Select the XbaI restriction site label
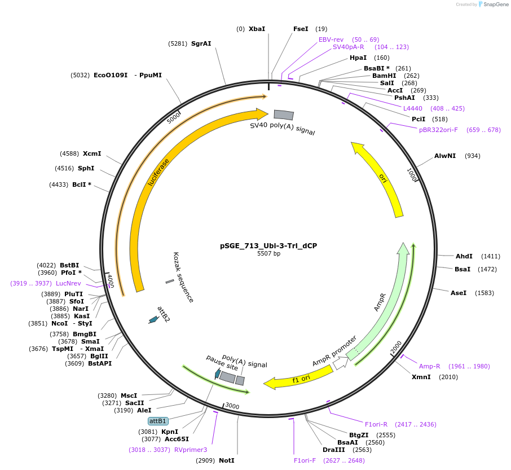coord(257,29)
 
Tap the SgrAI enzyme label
coord(201,43)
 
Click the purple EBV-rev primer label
coord(331,39)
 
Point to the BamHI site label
coord(384,76)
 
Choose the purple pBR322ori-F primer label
coord(438,130)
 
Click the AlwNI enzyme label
coord(445,156)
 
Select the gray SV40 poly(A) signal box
coord(284,115)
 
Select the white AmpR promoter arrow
coord(341,363)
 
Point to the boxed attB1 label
coord(158,421)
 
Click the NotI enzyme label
coord(227,460)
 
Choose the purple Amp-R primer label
coord(429,366)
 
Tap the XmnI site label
coord(421,377)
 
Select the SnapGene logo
coord(491,5)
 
